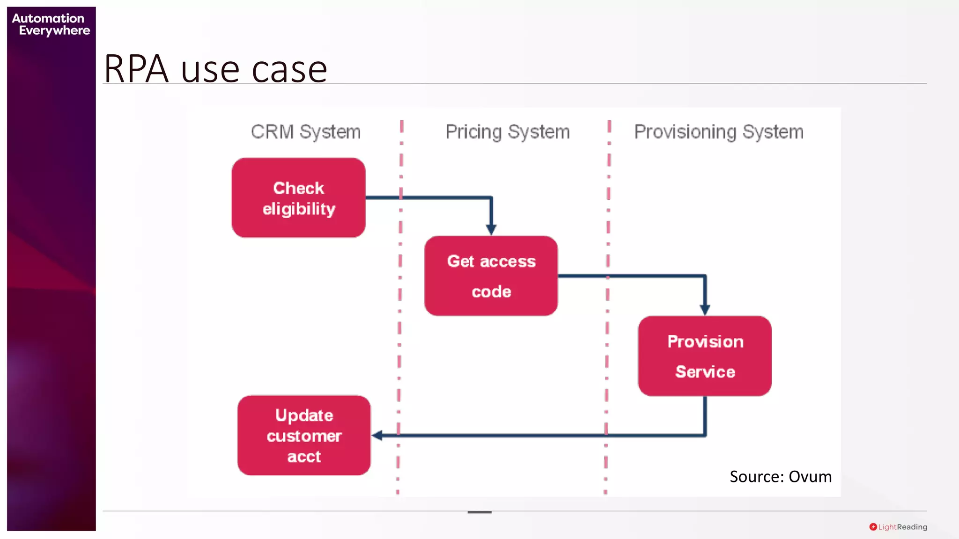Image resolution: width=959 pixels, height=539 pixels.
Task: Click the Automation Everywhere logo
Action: click(x=51, y=24)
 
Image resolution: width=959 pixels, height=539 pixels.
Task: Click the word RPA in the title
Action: click(x=136, y=69)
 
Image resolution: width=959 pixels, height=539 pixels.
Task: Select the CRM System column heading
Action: click(x=306, y=132)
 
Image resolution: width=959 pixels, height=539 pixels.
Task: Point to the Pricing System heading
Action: click(x=508, y=132)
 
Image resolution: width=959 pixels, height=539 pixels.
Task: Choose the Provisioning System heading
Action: click(x=719, y=132)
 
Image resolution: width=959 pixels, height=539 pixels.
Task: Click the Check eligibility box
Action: click(x=298, y=197)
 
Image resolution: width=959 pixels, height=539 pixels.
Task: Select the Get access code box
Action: click(x=491, y=276)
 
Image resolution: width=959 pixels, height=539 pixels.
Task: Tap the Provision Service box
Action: click(x=705, y=356)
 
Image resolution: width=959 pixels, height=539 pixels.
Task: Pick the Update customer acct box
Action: click(x=304, y=435)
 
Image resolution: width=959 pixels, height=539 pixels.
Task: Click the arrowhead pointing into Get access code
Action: click(x=491, y=229)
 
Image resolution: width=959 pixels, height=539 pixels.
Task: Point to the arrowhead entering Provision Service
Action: click(x=705, y=309)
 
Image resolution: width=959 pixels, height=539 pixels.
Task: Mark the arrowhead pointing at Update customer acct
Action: click(x=377, y=436)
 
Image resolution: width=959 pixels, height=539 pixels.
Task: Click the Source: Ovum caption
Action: click(x=781, y=476)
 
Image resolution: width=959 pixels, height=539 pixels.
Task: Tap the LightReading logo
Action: click(x=898, y=527)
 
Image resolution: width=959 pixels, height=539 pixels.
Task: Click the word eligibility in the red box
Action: click(x=299, y=209)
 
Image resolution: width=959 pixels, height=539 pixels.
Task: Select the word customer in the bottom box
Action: click(x=304, y=436)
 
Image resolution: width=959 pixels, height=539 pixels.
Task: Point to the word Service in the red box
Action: click(x=705, y=371)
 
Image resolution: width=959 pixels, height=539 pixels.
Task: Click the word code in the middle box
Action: click(x=491, y=291)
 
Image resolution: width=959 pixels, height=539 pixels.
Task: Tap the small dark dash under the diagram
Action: click(x=479, y=512)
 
